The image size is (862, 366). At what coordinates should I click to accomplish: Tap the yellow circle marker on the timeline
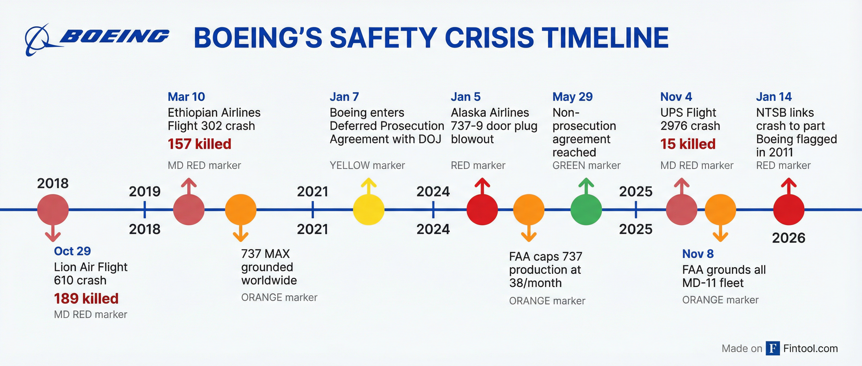(x=368, y=210)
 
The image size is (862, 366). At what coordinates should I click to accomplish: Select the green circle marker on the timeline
(x=586, y=210)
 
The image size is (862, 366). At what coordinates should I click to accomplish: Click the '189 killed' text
(x=86, y=298)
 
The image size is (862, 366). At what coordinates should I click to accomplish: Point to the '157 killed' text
(x=199, y=144)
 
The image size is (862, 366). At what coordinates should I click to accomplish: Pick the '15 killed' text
(x=688, y=144)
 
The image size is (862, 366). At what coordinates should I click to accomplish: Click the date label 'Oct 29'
(x=72, y=251)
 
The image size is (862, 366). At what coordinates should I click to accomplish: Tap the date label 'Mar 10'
(x=186, y=97)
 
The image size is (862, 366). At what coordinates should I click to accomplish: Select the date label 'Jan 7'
(x=344, y=97)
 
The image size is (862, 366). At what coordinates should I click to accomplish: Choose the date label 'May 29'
(x=572, y=97)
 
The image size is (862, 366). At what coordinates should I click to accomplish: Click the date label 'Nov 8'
(x=698, y=254)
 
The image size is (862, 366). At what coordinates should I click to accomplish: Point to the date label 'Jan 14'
(x=774, y=97)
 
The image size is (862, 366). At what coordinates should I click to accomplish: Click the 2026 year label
(x=788, y=238)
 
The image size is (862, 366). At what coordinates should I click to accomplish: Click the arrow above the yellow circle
(x=368, y=186)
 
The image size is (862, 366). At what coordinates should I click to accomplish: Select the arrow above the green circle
(x=586, y=186)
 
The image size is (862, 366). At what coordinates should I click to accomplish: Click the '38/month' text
(x=535, y=283)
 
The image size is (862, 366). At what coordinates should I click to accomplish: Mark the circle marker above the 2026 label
(x=788, y=210)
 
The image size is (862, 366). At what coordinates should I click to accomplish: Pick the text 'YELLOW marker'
(x=367, y=165)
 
